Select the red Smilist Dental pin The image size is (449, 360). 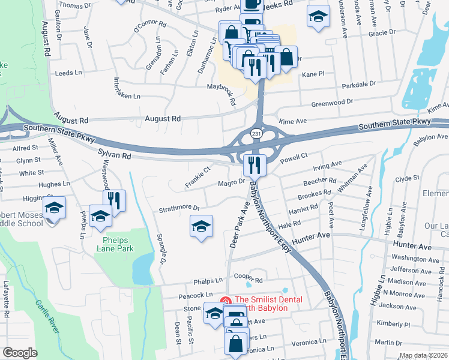[225, 299]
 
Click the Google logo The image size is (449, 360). [20, 353]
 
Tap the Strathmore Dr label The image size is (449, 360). [178, 209]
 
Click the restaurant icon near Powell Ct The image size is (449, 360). [255, 164]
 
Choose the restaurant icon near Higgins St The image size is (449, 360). [113, 200]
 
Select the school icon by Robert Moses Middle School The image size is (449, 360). [54, 208]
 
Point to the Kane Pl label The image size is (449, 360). [313, 74]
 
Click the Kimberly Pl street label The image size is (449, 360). [394, 324]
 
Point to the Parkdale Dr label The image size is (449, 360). [358, 85]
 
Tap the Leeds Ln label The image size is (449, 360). [68, 73]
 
